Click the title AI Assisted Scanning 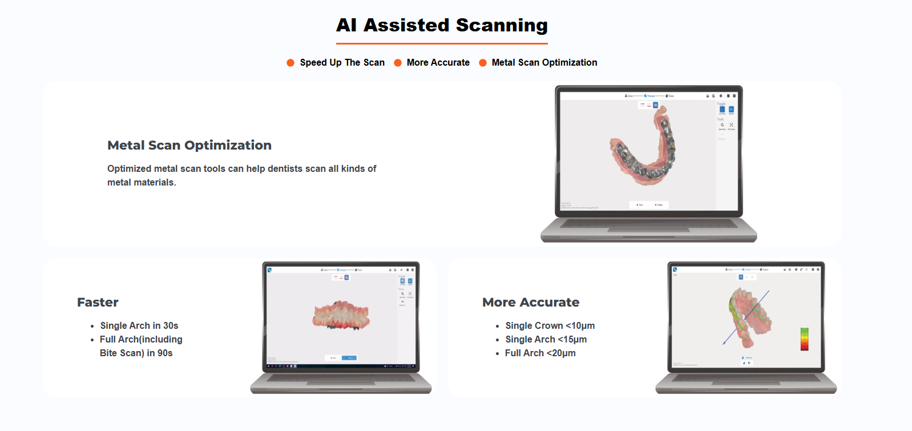(x=442, y=25)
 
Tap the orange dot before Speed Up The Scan (x=290, y=63)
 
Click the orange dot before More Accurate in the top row (x=398, y=63)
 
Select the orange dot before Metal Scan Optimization (x=483, y=63)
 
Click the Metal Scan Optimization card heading (x=189, y=146)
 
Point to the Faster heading (x=98, y=303)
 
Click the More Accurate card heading (x=530, y=303)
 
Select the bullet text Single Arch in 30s (x=139, y=326)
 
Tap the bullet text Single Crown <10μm (x=550, y=326)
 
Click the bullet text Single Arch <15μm (x=546, y=340)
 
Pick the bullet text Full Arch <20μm (x=540, y=353)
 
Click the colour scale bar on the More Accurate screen (x=804, y=339)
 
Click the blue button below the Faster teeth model (x=349, y=358)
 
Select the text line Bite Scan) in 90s (x=136, y=353)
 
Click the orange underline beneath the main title (x=442, y=43)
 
